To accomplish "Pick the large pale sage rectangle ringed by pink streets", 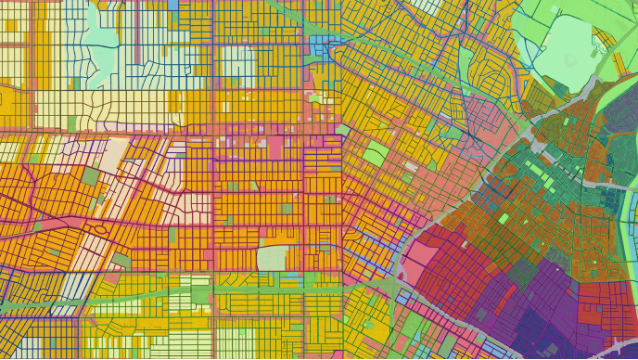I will point(272,257).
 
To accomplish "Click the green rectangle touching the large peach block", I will point(90,176).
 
